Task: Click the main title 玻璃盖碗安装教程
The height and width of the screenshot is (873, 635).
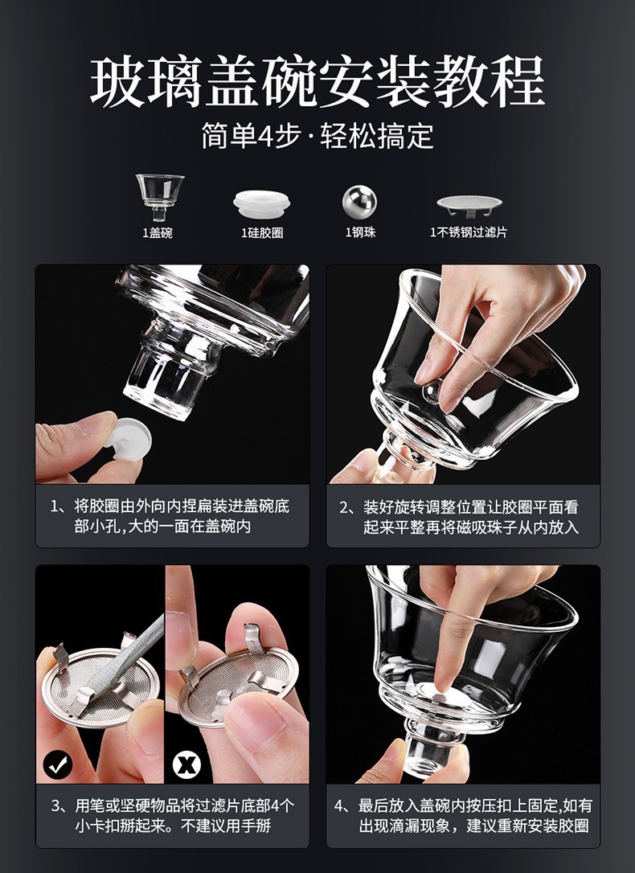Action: coord(317,82)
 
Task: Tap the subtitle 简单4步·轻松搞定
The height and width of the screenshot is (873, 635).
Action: coord(317,136)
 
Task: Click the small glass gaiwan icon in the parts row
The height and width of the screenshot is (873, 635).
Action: coord(160,197)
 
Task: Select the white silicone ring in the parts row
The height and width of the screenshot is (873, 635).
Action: coord(261,203)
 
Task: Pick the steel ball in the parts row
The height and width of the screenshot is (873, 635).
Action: coord(359,202)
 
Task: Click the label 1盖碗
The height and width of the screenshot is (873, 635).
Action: coord(158,233)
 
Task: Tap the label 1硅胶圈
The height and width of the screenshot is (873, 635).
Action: coord(262,233)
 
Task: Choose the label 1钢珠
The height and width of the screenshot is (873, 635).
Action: coord(360,232)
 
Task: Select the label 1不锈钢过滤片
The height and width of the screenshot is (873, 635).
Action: coord(469,232)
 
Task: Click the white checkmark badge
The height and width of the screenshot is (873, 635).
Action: coord(58,764)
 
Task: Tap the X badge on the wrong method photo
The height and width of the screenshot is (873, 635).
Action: coord(186,764)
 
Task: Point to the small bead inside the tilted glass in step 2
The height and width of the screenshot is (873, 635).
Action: coord(431,391)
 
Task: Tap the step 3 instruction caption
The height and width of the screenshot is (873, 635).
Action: coord(173,815)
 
